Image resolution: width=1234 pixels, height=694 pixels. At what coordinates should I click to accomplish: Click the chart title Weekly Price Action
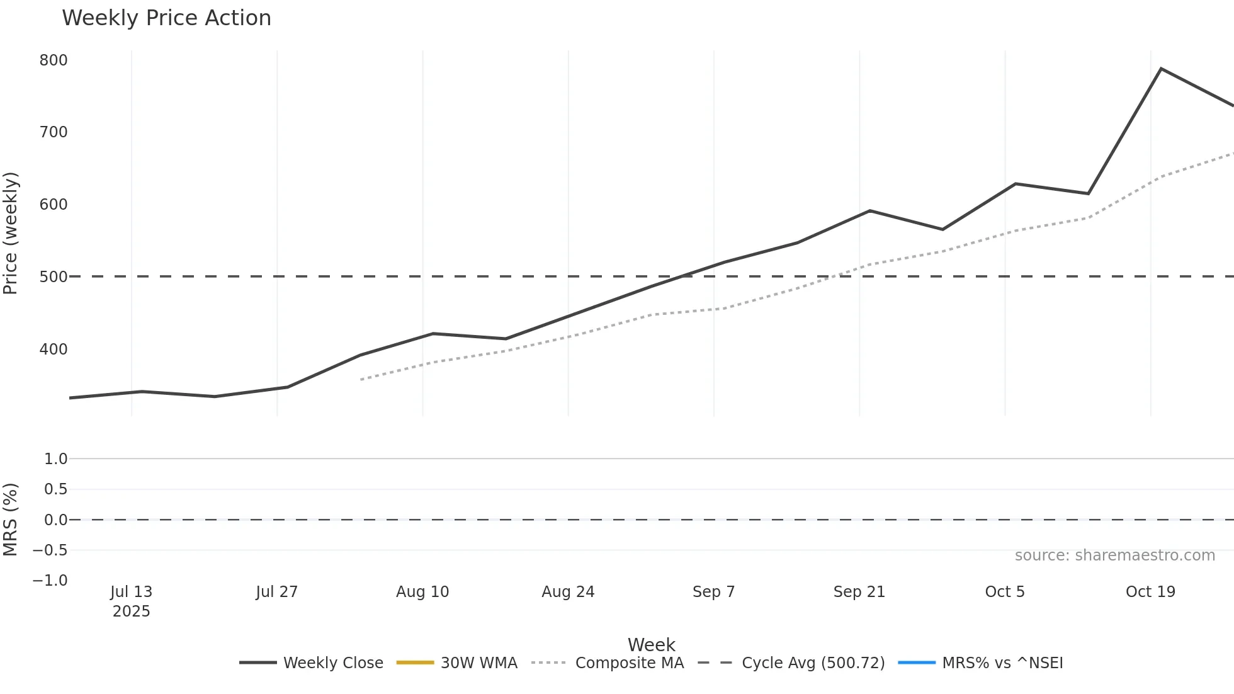[x=166, y=18]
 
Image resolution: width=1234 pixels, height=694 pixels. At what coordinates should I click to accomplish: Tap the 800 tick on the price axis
[x=54, y=60]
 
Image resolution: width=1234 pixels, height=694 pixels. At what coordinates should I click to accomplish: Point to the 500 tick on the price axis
[x=54, y=277]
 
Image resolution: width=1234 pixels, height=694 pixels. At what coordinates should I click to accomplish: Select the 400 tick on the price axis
[x=54, y=350]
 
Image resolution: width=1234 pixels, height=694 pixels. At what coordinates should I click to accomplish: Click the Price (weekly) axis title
[x=11, y=233]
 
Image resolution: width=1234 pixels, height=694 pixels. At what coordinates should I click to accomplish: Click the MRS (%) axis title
[x=11, y=520]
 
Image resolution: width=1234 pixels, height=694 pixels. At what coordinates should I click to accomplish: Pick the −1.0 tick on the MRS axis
[x=50, y=581]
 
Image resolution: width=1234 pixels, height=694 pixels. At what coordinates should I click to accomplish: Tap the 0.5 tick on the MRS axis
[x=55, y=489]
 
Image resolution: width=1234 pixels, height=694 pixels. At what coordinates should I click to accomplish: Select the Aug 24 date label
[x=568, y=592]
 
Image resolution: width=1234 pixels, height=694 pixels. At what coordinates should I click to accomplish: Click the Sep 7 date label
[x=713, y=592]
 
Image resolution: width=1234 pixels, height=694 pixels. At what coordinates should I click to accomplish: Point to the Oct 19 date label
[x=1150, y=592]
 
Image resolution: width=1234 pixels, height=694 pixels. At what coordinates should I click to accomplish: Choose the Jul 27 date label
[x=276, y=592]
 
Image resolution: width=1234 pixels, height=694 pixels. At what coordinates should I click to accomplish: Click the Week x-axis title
[x=651, y=645]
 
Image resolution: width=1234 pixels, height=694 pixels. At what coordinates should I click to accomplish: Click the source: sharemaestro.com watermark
[x=1114, y=555]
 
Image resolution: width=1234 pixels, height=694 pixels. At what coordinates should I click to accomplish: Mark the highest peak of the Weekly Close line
[x=1161, y=69]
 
